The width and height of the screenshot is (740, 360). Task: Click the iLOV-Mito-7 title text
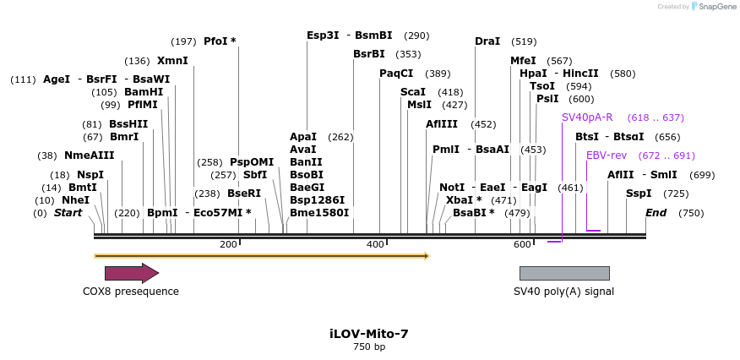369,334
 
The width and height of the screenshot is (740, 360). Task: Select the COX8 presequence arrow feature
131,273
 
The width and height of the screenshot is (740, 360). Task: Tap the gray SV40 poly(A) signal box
563,273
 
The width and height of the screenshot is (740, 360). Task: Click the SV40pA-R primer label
587,117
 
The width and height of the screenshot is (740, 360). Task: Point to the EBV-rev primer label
607,155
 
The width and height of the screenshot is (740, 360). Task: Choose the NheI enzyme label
75,200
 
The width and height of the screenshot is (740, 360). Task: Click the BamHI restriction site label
144,92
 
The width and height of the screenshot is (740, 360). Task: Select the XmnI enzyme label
172,61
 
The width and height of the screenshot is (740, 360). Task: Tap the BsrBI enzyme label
369,54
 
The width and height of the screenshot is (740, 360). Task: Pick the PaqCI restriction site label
396,74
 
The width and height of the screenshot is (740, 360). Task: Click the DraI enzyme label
487,41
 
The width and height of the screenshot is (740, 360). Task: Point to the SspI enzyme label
639,194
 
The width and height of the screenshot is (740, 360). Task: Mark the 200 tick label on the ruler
228,244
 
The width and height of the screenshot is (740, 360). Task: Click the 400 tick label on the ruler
375,244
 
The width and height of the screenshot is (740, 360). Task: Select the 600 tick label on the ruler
521,244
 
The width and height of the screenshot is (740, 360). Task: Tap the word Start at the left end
68,213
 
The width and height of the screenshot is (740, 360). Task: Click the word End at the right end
656,213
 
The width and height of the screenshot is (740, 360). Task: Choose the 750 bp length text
369,347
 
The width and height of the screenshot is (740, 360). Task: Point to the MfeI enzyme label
523,61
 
